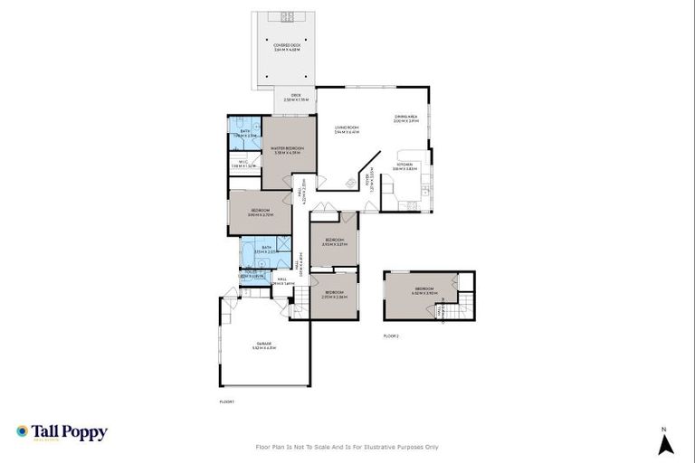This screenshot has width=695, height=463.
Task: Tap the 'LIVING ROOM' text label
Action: pos(347,128)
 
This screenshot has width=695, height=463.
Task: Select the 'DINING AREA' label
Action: pos(405,118)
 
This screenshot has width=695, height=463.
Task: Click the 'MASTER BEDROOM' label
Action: pos(288,148)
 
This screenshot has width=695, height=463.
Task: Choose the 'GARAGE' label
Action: pos(264,344)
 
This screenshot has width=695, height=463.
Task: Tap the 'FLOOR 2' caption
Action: pos(391,335)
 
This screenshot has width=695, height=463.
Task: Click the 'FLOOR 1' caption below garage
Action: pos(227,401)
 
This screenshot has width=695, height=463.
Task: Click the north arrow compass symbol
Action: pos(665,443)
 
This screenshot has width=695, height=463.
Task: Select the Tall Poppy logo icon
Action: pos(22,432)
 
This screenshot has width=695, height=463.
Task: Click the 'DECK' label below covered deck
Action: pos(294,98)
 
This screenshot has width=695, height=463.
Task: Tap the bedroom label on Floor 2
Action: pos(424,291)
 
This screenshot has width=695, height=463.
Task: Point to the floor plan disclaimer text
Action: pos(347,447)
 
